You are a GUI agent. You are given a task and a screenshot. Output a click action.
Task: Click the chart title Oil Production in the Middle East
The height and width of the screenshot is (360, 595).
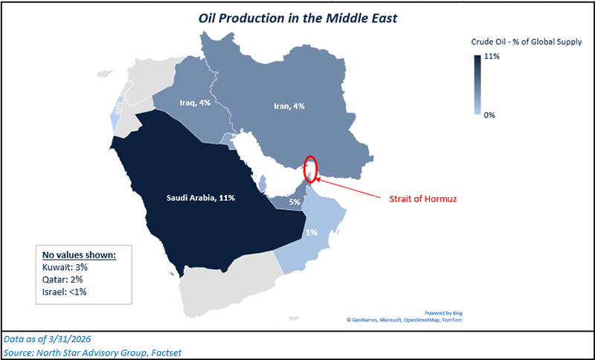297,16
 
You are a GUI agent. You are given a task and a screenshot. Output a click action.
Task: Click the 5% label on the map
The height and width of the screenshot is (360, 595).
295,201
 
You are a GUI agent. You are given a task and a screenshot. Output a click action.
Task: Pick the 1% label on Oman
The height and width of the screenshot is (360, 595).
312,232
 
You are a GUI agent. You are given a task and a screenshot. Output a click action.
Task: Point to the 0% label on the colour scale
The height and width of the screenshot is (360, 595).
488,115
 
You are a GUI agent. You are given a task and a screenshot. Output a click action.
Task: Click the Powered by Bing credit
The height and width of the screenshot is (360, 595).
445,312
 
